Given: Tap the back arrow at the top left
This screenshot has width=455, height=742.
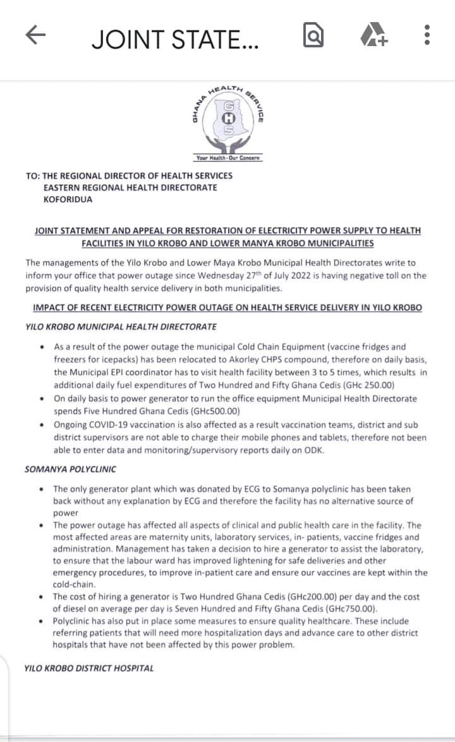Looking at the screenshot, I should [37, 37].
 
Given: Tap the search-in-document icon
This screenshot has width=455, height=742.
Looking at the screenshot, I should [313, 35].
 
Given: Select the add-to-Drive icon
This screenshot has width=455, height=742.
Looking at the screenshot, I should [375, 35].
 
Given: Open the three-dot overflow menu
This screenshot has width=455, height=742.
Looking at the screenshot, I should [428, 35].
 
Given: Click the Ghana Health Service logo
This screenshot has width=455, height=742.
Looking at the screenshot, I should [228, 121].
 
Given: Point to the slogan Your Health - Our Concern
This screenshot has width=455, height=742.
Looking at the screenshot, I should [228, 158].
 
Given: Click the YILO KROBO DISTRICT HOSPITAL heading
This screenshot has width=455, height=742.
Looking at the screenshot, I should [88, 668].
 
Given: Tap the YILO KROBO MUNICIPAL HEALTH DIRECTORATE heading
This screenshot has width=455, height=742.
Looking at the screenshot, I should [121, 327].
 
